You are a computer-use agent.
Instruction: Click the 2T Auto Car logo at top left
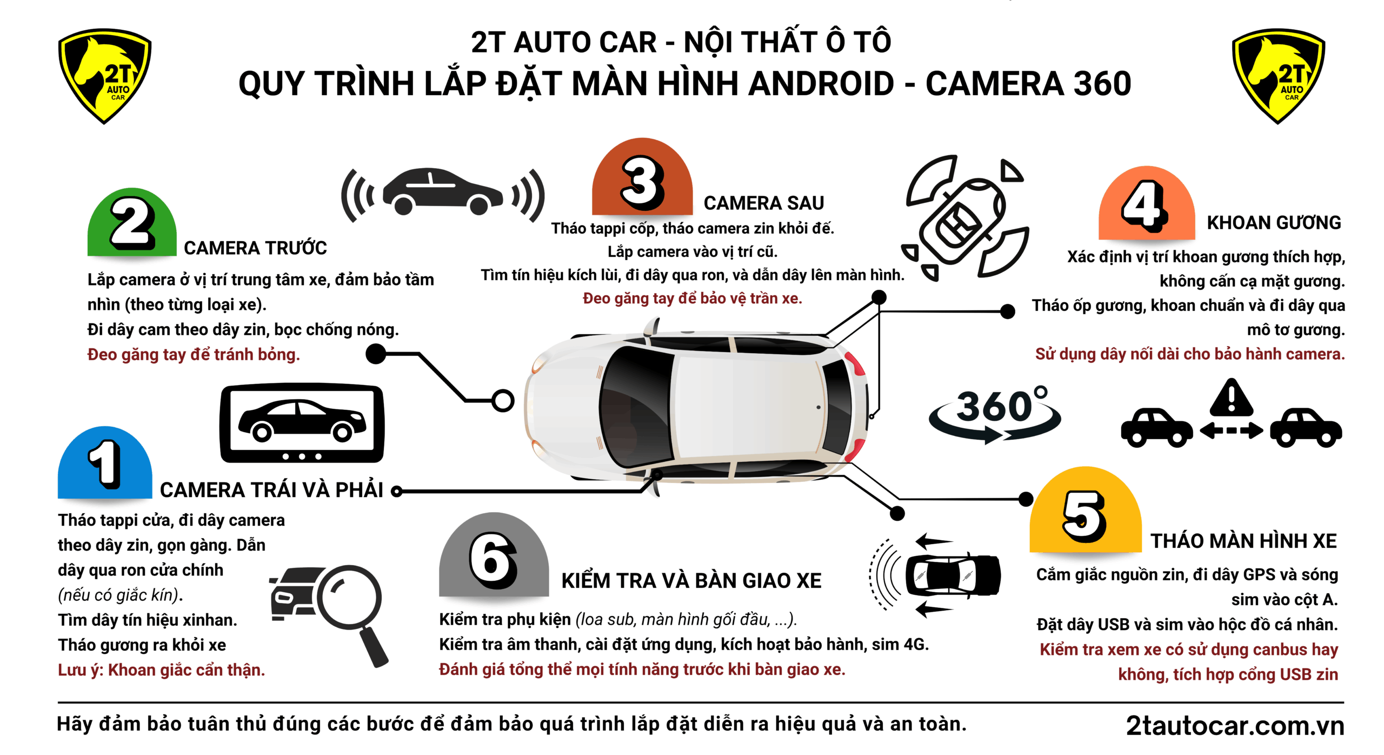pos(104,76)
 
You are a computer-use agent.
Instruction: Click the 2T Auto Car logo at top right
pos(1278,76)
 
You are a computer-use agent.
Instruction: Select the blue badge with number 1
pos(105,463)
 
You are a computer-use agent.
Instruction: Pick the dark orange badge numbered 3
pos(642,177)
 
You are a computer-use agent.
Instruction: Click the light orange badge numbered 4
pos(1147,203)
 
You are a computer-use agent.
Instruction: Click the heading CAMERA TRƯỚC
pos(255,248)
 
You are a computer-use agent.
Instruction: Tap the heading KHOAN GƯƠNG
pos(1274,222)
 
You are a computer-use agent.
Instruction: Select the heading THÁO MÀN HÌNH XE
pos(1243,541)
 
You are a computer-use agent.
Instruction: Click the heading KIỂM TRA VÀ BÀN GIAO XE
pos(691,580)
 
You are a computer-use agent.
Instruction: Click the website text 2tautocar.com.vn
pos(1235,725)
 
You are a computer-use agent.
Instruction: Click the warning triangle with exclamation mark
pos(1232,397)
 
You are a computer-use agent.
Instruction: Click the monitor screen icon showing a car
pos(302,423)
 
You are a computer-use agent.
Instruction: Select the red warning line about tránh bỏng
pos(194,354)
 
